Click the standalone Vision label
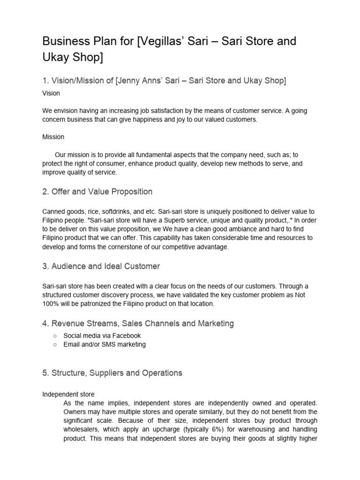pos(51,93)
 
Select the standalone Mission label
pos(53,137)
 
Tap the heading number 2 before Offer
pos(45,191)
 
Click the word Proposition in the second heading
pos(130,191)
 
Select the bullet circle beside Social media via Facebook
pos(55,336)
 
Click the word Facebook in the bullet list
pos(126,336)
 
